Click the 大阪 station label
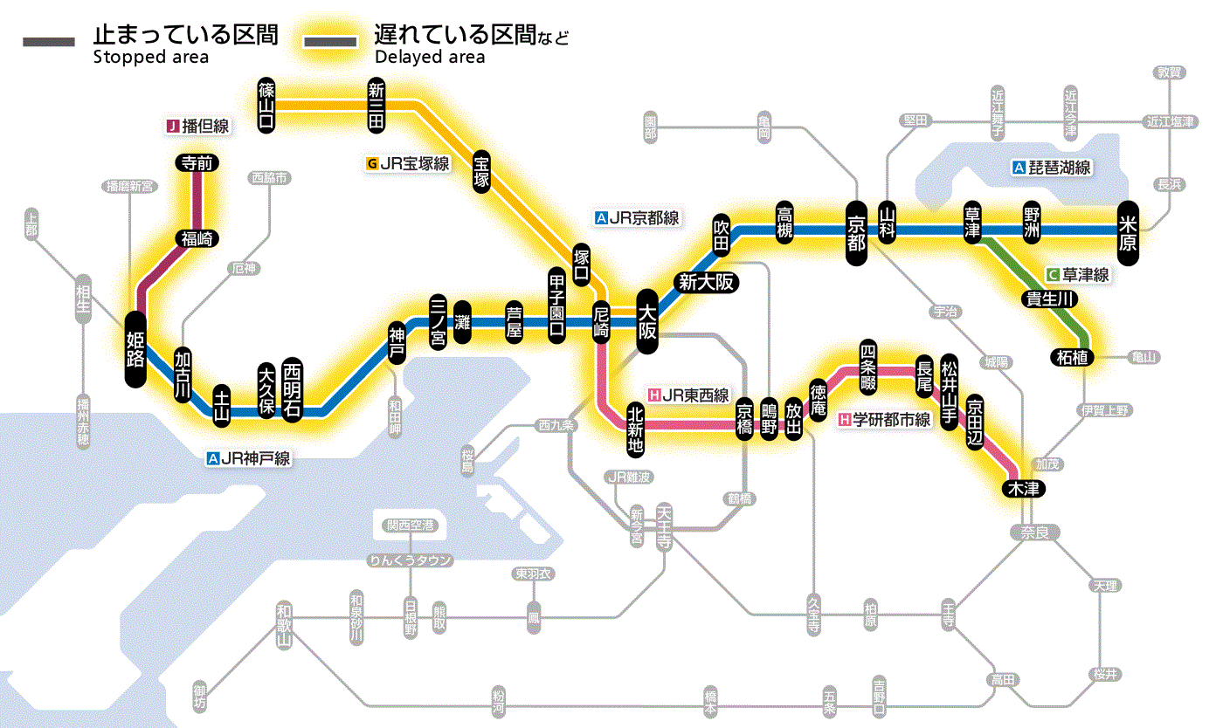click(647, 321)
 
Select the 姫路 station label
click(135, 349)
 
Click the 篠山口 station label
click(267, 106)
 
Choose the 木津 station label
click(1022, 489)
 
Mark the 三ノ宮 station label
click(438, 321)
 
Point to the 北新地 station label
click(636, 428)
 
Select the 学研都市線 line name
click(891, 420)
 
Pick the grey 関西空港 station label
click(410, 525)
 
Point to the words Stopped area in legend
click(150, 58)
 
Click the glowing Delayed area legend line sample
click(329, 42)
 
